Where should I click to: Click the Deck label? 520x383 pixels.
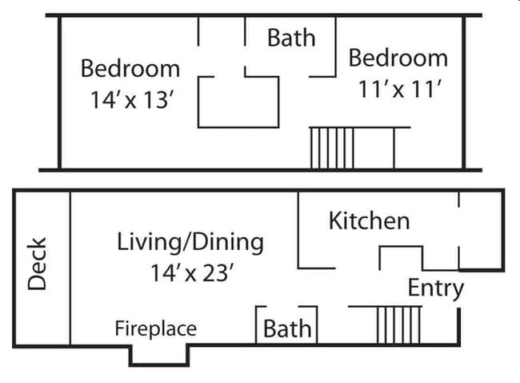click(38, 264)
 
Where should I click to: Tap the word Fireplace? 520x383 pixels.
click(155, 328)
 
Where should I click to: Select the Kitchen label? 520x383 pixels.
click(369, 220)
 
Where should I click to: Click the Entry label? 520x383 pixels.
click(435, 288)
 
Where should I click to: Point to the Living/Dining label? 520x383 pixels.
click(190, 241)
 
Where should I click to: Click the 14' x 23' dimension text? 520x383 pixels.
click(192, 273)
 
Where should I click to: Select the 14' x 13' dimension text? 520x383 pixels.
click(132, 100)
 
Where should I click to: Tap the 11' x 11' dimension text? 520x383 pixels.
click(399, 89)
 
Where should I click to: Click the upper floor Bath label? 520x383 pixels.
click(290, 38)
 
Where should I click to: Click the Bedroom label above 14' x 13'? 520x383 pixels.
click(130, 68)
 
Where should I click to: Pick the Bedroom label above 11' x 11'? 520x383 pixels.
click(398, 58)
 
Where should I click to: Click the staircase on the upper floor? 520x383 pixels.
click(332, 147)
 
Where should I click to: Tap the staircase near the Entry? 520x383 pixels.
click(398, 325)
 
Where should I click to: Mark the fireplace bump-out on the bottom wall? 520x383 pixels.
click(159, 354)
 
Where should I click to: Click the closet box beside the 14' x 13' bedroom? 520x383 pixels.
click(238, 102)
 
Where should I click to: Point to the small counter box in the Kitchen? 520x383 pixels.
click(400, 258)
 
